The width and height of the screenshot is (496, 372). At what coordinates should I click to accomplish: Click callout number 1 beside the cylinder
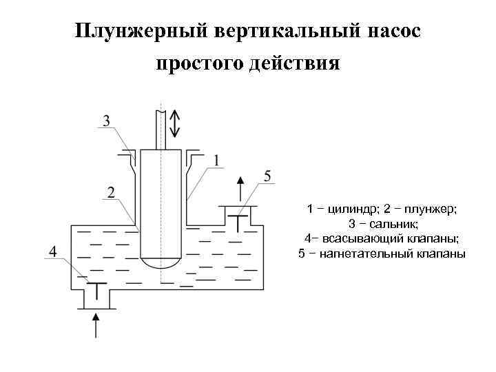(x=217, y=161)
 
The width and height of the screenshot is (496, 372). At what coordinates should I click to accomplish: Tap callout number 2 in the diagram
(x=110, y=191)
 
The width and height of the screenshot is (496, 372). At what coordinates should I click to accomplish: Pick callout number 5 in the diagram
(x=267, y=177)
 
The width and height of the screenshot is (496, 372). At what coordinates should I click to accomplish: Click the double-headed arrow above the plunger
(x=175, y=123)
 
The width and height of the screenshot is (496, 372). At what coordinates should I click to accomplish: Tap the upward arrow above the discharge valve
(x=240, y=188)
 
